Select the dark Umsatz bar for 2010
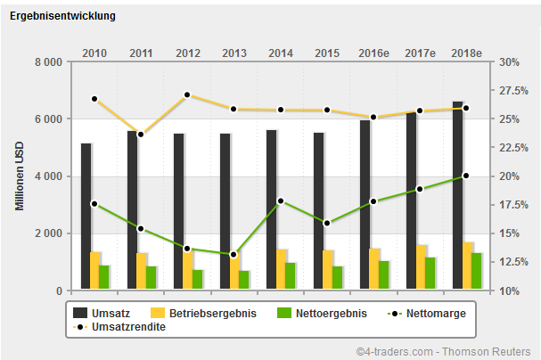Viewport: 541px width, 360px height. tap(86, 217)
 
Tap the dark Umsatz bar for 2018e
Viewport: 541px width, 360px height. tap(457, 196)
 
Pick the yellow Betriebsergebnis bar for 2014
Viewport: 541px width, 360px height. tap(282, 269)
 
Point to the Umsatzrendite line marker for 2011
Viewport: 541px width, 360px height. tap(141, 135)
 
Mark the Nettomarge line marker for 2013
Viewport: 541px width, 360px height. tap(234, 255)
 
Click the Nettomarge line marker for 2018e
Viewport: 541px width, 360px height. tap(466, 176)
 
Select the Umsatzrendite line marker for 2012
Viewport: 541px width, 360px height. tap(187, 94)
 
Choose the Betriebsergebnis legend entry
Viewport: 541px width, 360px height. tap(204, 314)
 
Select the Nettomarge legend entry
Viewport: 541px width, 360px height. tap(427, 314)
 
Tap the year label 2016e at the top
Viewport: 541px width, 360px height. tap(373, 53)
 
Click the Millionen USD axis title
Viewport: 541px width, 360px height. tap(20, 176)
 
